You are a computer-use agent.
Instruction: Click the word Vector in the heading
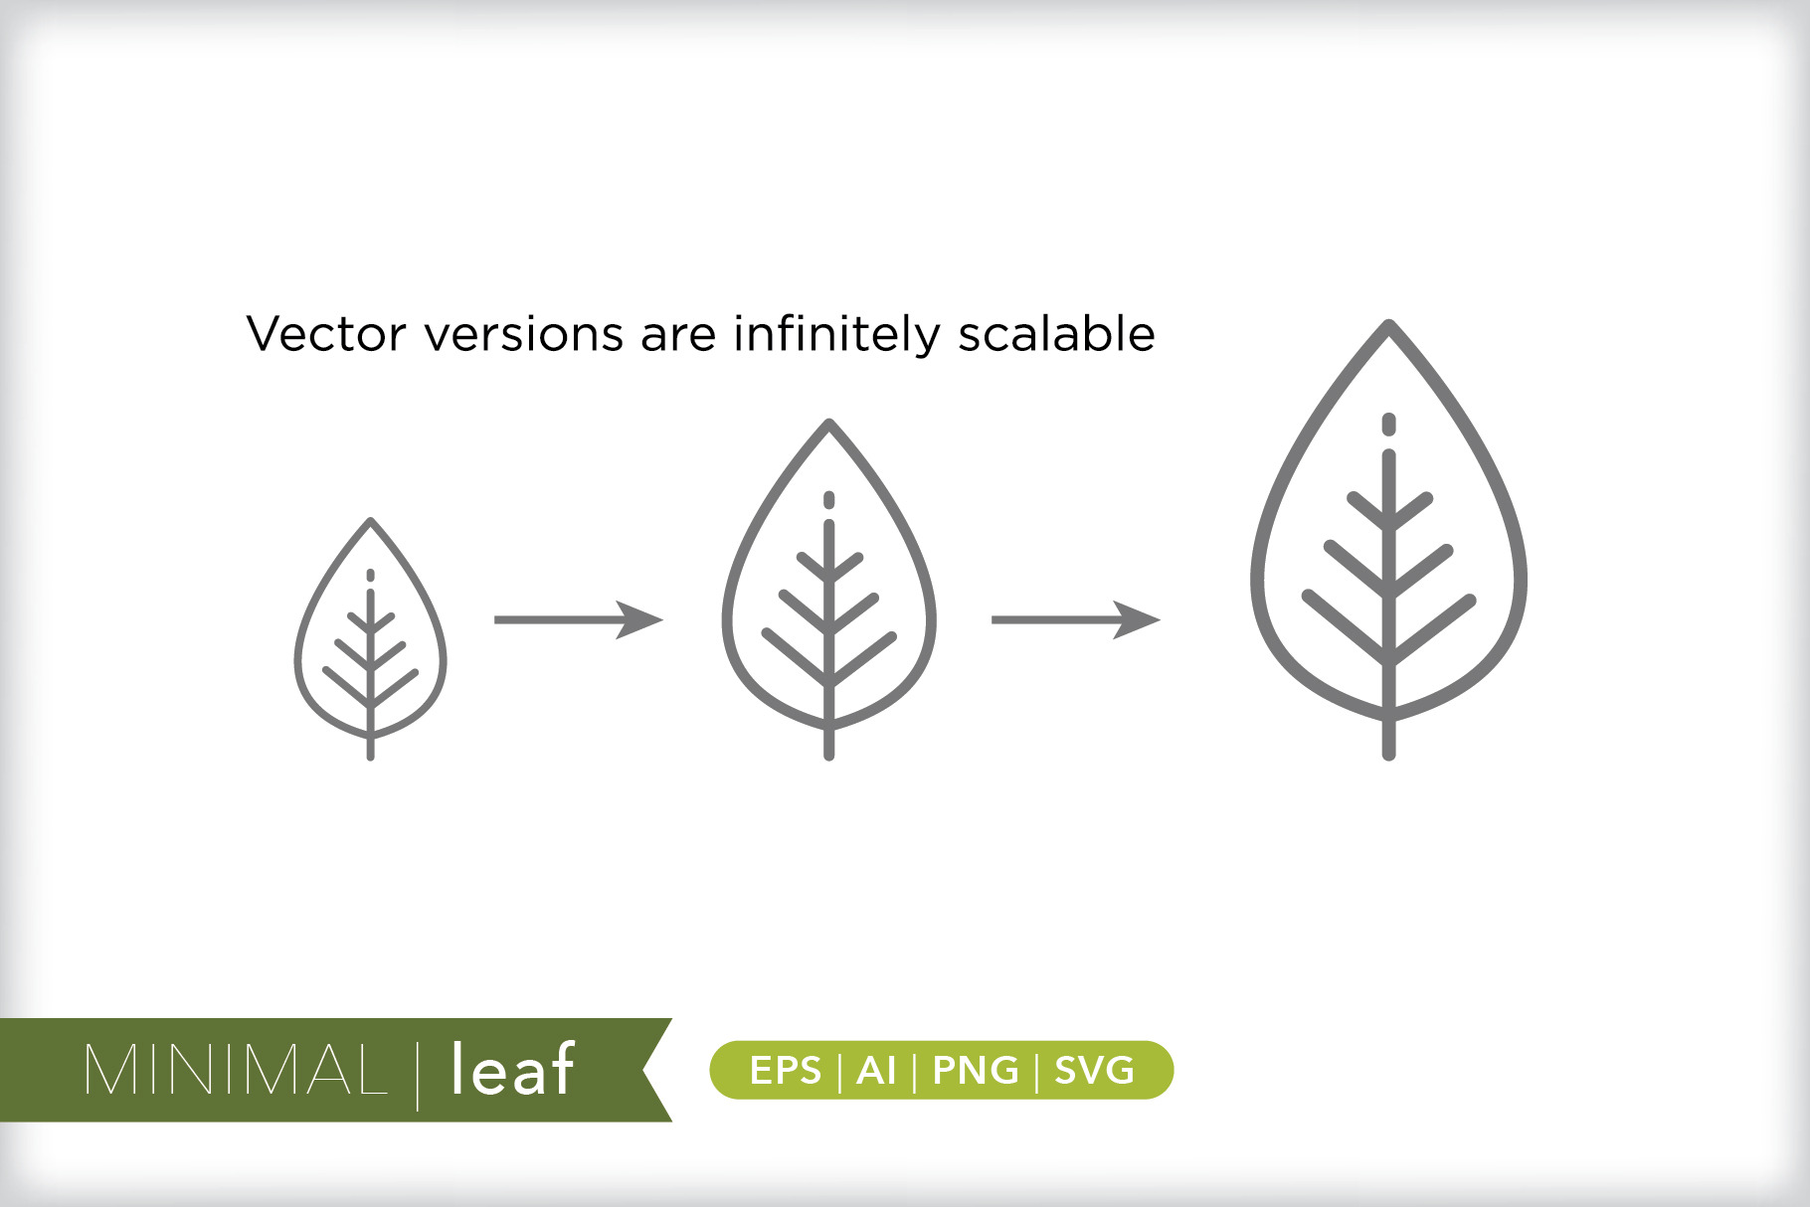coord(326,334)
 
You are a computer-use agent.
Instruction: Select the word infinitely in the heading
coord(836,334)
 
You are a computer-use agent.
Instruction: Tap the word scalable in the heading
coord(1056,333)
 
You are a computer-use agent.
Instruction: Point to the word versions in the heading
coord(524,335)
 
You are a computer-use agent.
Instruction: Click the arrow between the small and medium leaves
coord(579,619)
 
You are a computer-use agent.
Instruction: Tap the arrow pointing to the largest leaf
coord(1076,619)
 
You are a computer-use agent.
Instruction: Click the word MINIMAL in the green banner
coord(236,1070)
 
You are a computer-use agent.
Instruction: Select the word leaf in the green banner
coord(512,1068)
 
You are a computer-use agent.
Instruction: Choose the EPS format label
coord(786,1071)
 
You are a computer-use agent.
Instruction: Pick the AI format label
coord(876,1071)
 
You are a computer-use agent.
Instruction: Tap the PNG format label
coord(976,1071)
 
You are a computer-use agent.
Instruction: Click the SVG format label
coord(1094,1071)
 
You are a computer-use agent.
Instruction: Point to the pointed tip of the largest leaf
coord(1389,322)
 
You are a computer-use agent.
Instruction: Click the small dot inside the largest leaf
coord(1389,425)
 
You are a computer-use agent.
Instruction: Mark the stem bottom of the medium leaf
coord(829,757)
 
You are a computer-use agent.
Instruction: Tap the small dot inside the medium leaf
coord(829,500)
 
